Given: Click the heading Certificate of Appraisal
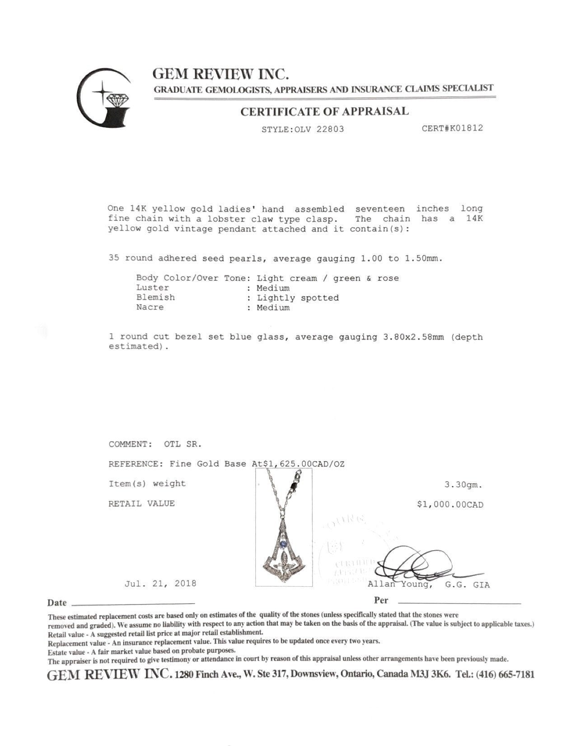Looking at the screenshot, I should point(324,111).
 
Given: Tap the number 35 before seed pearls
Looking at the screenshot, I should point(114,258).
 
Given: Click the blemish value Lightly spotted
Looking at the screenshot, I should point(298,298).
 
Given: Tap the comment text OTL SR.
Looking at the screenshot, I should point(183,444).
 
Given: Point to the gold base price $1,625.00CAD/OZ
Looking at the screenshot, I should point(299,464).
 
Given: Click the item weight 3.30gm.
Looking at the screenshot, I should point(463,485).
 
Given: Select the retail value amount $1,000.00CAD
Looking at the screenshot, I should point(450,505).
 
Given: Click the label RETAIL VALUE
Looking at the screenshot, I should point(141,504).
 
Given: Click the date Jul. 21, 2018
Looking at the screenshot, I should point(160,583).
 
